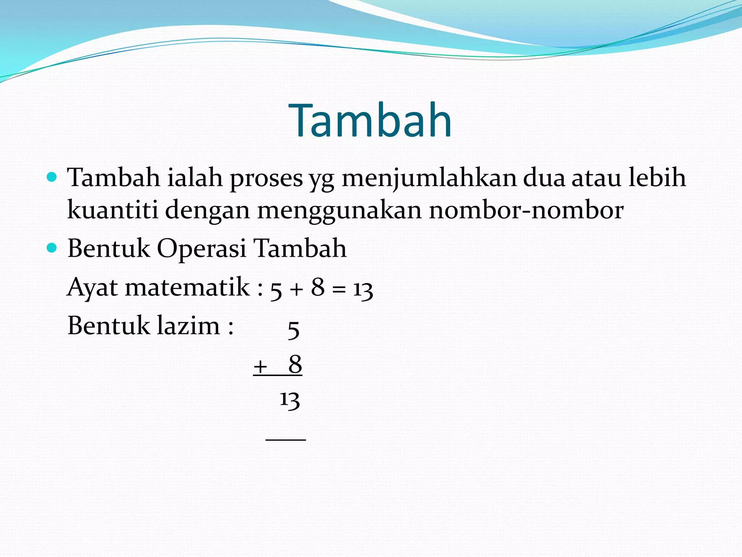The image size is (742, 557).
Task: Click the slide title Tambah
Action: [x=370, y=120]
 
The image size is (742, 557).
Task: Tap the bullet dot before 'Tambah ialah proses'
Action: [x=52, y=177]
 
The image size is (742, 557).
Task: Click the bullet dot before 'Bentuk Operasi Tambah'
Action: [x=52, y=248]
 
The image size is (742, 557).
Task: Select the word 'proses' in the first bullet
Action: [x=266, y=178]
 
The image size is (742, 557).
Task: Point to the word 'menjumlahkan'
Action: [x=429, y=178]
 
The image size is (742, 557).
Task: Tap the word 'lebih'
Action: [x=657, y=178]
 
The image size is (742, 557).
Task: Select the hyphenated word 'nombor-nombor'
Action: [x=526, y=210]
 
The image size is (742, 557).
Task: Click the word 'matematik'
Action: [x=187, y=287]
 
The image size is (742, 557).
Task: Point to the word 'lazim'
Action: [x=188, y=325]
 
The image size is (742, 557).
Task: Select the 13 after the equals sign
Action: [x=363, y=290]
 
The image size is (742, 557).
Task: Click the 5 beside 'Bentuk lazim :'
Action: [x=293, y=330]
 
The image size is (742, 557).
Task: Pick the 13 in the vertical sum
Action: [x=290, y=400]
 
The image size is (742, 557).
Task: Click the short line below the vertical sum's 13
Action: [x=286, y=440]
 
